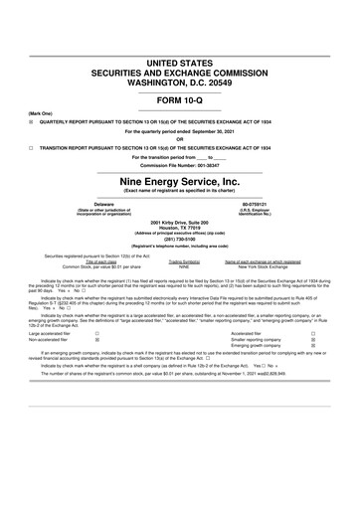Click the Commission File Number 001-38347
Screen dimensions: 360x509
(180, 165)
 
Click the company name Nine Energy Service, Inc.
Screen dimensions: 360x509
(180, 182)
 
